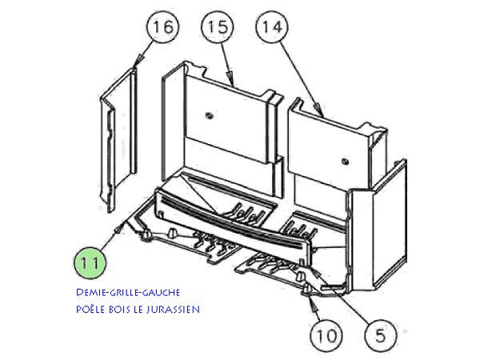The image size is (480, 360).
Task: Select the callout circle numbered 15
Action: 214,28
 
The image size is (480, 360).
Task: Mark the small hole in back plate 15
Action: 209,115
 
